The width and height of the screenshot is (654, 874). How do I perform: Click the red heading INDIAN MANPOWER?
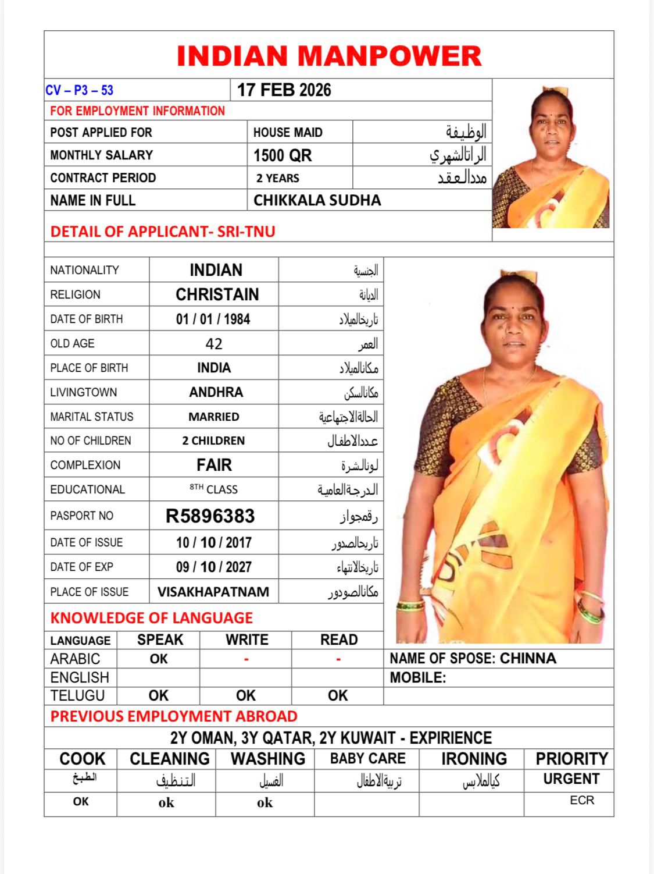[329, 56]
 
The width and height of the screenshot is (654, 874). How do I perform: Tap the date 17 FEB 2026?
[284, 90]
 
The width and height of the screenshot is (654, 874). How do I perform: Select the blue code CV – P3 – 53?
[79, 90]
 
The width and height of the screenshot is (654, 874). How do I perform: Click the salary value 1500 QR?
[283, 155]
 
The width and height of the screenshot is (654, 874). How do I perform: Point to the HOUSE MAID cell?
[288, 133]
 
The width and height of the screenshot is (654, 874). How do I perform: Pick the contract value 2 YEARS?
[278, 178]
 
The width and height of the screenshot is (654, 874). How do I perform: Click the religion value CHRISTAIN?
[217, 294]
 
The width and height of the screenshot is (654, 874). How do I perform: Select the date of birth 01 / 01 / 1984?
[213, 319]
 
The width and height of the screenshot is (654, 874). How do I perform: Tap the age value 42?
[213, 344]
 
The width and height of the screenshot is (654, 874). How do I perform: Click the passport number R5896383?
[210, 516]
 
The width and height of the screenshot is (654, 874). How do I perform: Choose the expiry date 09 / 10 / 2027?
[213, 567]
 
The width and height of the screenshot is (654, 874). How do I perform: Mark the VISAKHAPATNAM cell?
[213, 592]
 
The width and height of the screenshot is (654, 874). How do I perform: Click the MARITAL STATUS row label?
[92, 417]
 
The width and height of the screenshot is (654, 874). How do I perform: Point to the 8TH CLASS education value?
[213, 489]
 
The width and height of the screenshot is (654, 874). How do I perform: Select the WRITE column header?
[246, 639]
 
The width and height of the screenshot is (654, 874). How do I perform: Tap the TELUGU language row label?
[77, 695]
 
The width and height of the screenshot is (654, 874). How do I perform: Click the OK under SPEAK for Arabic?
[158, 659]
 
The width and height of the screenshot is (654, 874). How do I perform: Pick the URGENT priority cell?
[571, 779]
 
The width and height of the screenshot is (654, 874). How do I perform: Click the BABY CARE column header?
[367, 758]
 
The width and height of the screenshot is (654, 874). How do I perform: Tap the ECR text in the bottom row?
[581, 800]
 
